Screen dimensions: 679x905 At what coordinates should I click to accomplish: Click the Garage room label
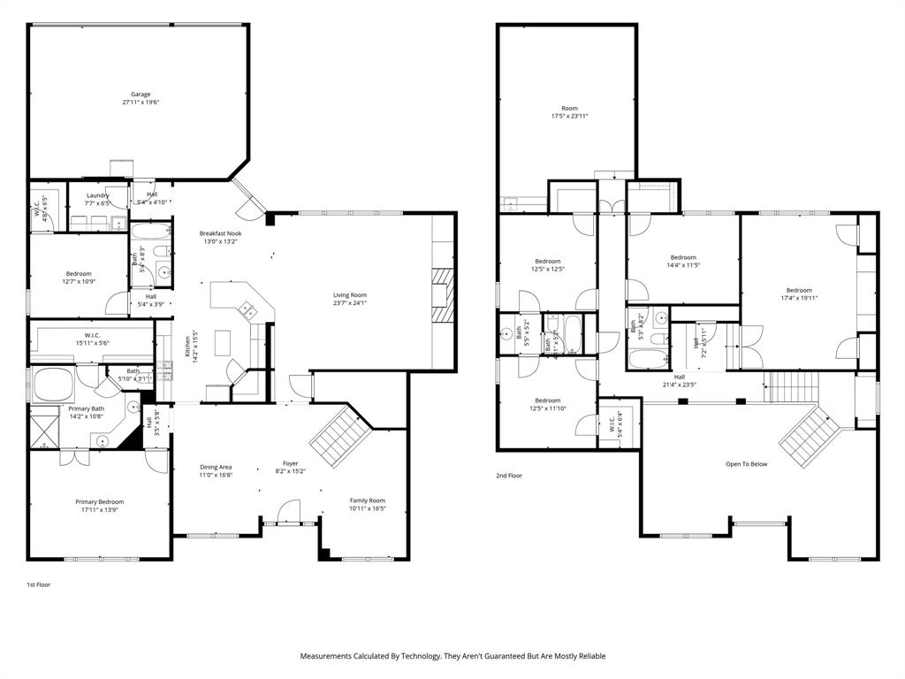point(141,95)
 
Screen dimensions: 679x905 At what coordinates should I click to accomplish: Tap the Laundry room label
point(97,195)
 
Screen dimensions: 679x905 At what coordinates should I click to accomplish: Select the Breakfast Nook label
point(220,233)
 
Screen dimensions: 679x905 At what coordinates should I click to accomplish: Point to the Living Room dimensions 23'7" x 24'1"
point(349,303)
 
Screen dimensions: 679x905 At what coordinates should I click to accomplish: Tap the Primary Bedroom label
point(99,501)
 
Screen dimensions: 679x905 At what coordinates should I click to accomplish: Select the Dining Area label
point(215,467)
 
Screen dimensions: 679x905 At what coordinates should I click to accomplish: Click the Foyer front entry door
point(287,514)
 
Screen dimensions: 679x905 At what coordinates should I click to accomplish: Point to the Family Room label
point(367,500)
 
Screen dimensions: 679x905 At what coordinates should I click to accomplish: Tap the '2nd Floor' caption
point(508,476)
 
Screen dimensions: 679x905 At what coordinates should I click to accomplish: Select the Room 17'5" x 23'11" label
point(569,109)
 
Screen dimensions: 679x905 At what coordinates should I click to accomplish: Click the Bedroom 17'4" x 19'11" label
point(799,290)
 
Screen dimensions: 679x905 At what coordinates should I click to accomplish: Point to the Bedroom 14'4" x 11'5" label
point(682,257)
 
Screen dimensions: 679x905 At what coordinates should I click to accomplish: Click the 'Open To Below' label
point(746,464)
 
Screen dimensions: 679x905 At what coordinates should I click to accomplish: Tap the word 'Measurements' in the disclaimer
point(327,656)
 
